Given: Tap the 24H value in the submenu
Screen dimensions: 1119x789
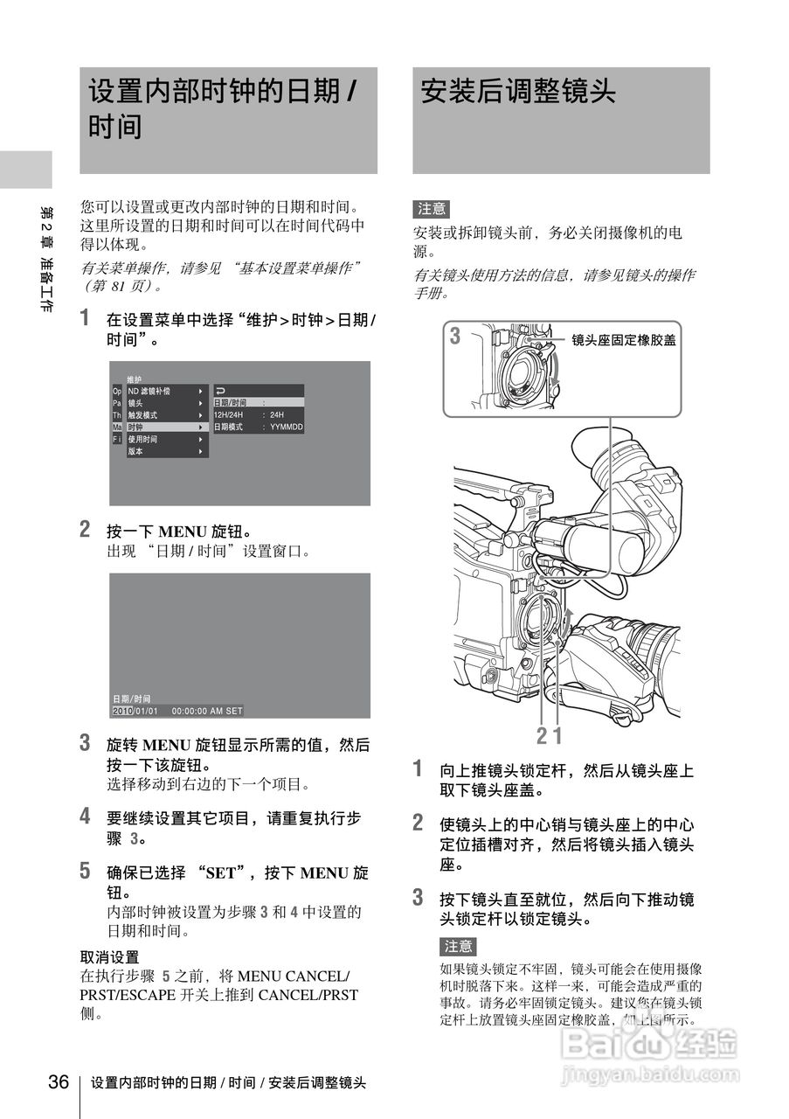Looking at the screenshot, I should pos(277,414).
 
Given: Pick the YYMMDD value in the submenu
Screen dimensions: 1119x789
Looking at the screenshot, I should pos(286,427).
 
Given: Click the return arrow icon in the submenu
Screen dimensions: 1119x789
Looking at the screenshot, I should pos(220,391).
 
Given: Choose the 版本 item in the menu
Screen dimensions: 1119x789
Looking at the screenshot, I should pos(135,451).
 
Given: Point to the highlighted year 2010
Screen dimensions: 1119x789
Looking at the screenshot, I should pos(122,711).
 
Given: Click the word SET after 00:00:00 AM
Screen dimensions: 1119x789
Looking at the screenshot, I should pos(233,711).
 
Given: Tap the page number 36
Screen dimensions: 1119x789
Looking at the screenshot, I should pos(59,1082).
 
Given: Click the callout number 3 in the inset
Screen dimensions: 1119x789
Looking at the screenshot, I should pos(455,336).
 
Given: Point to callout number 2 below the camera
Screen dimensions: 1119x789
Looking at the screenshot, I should pos(542,735).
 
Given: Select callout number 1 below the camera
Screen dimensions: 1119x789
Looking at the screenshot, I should pos(556,735).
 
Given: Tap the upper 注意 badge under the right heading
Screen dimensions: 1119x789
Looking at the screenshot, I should pos(431,209).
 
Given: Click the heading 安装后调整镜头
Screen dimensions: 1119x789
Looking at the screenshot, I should pos(518,91).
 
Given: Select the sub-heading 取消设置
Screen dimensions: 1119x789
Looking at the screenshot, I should pos(109,957).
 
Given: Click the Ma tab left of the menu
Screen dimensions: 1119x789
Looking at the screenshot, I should pos(117,427).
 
